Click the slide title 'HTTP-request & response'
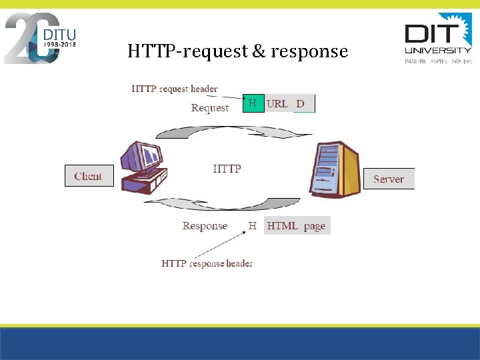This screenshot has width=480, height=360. [237, 51]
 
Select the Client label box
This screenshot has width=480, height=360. [89, 176]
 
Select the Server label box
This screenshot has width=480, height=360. [389, 179]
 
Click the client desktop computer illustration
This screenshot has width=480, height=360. [143, 167]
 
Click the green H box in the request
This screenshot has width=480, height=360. [253, 103]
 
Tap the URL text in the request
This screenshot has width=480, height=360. [277, 103]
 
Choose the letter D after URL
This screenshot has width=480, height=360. [301, 103]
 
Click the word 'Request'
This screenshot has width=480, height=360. [209, 108]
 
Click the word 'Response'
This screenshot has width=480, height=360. [205, 226]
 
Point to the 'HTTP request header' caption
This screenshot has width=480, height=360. [175, 89]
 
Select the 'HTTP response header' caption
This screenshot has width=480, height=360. [207, 263]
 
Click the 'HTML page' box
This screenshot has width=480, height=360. [297, 226]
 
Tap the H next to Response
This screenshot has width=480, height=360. [253, 226]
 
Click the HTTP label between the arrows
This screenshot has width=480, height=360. [227, 169]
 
